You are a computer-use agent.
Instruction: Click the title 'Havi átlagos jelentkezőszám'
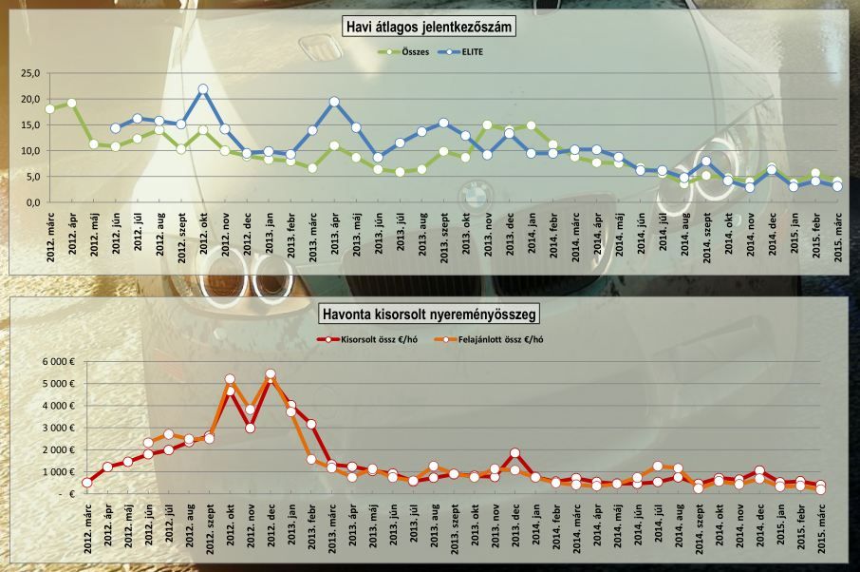[428, 28]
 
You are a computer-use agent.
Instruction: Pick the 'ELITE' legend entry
[461, 53]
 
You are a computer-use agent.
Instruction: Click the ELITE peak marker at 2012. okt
[203, 89]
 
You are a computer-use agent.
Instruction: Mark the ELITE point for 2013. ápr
[334, 102]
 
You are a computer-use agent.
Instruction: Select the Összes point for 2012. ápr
[71, 104]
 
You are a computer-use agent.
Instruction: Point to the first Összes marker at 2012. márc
[49, 108]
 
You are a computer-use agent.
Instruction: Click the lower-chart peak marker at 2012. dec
[271, 374]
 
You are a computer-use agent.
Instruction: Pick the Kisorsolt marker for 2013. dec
[515, 454]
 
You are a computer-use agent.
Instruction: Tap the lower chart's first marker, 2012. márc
[86, 483]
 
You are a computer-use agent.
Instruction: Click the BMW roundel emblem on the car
[472, 196]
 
